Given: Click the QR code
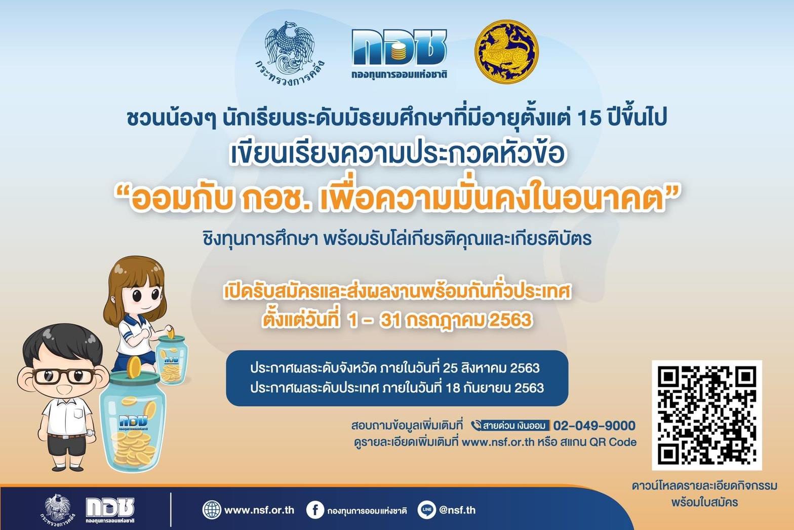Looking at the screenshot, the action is pyautogui.click(x=707, y=415).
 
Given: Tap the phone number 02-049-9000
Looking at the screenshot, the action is pyautogui.click(x=594, y=425).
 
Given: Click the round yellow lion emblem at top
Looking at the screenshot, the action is pyautogui.click(x=506, y=52).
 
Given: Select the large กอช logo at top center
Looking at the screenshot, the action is pyautogui.click(x=400, y=54).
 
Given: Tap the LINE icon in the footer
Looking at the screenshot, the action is pyautogui.click(x=426, y=510).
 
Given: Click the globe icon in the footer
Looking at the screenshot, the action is pyautogui.click(x=212, y=510).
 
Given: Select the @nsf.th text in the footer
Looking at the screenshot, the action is pyautogui.click(x=457, y=510).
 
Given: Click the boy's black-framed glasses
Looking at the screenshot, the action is pyautogui.click(x=64, y=376).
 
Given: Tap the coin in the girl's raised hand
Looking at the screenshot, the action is pyautogui.click(x=171, y=332).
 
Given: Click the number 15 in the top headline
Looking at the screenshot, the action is pyautogui.click(x=589, y=119).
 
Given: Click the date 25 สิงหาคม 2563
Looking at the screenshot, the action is pyautogui.click(x=491, y=368).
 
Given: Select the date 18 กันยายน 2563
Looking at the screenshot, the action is pyautogui.click(x=495, y=388).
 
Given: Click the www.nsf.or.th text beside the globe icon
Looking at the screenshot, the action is pyautogui.click(x=259, y=510).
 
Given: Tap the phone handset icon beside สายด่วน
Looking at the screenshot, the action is pyautogui.click(x=476, y=425).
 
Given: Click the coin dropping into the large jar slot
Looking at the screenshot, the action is pyautogui.click(x=135, y=366).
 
